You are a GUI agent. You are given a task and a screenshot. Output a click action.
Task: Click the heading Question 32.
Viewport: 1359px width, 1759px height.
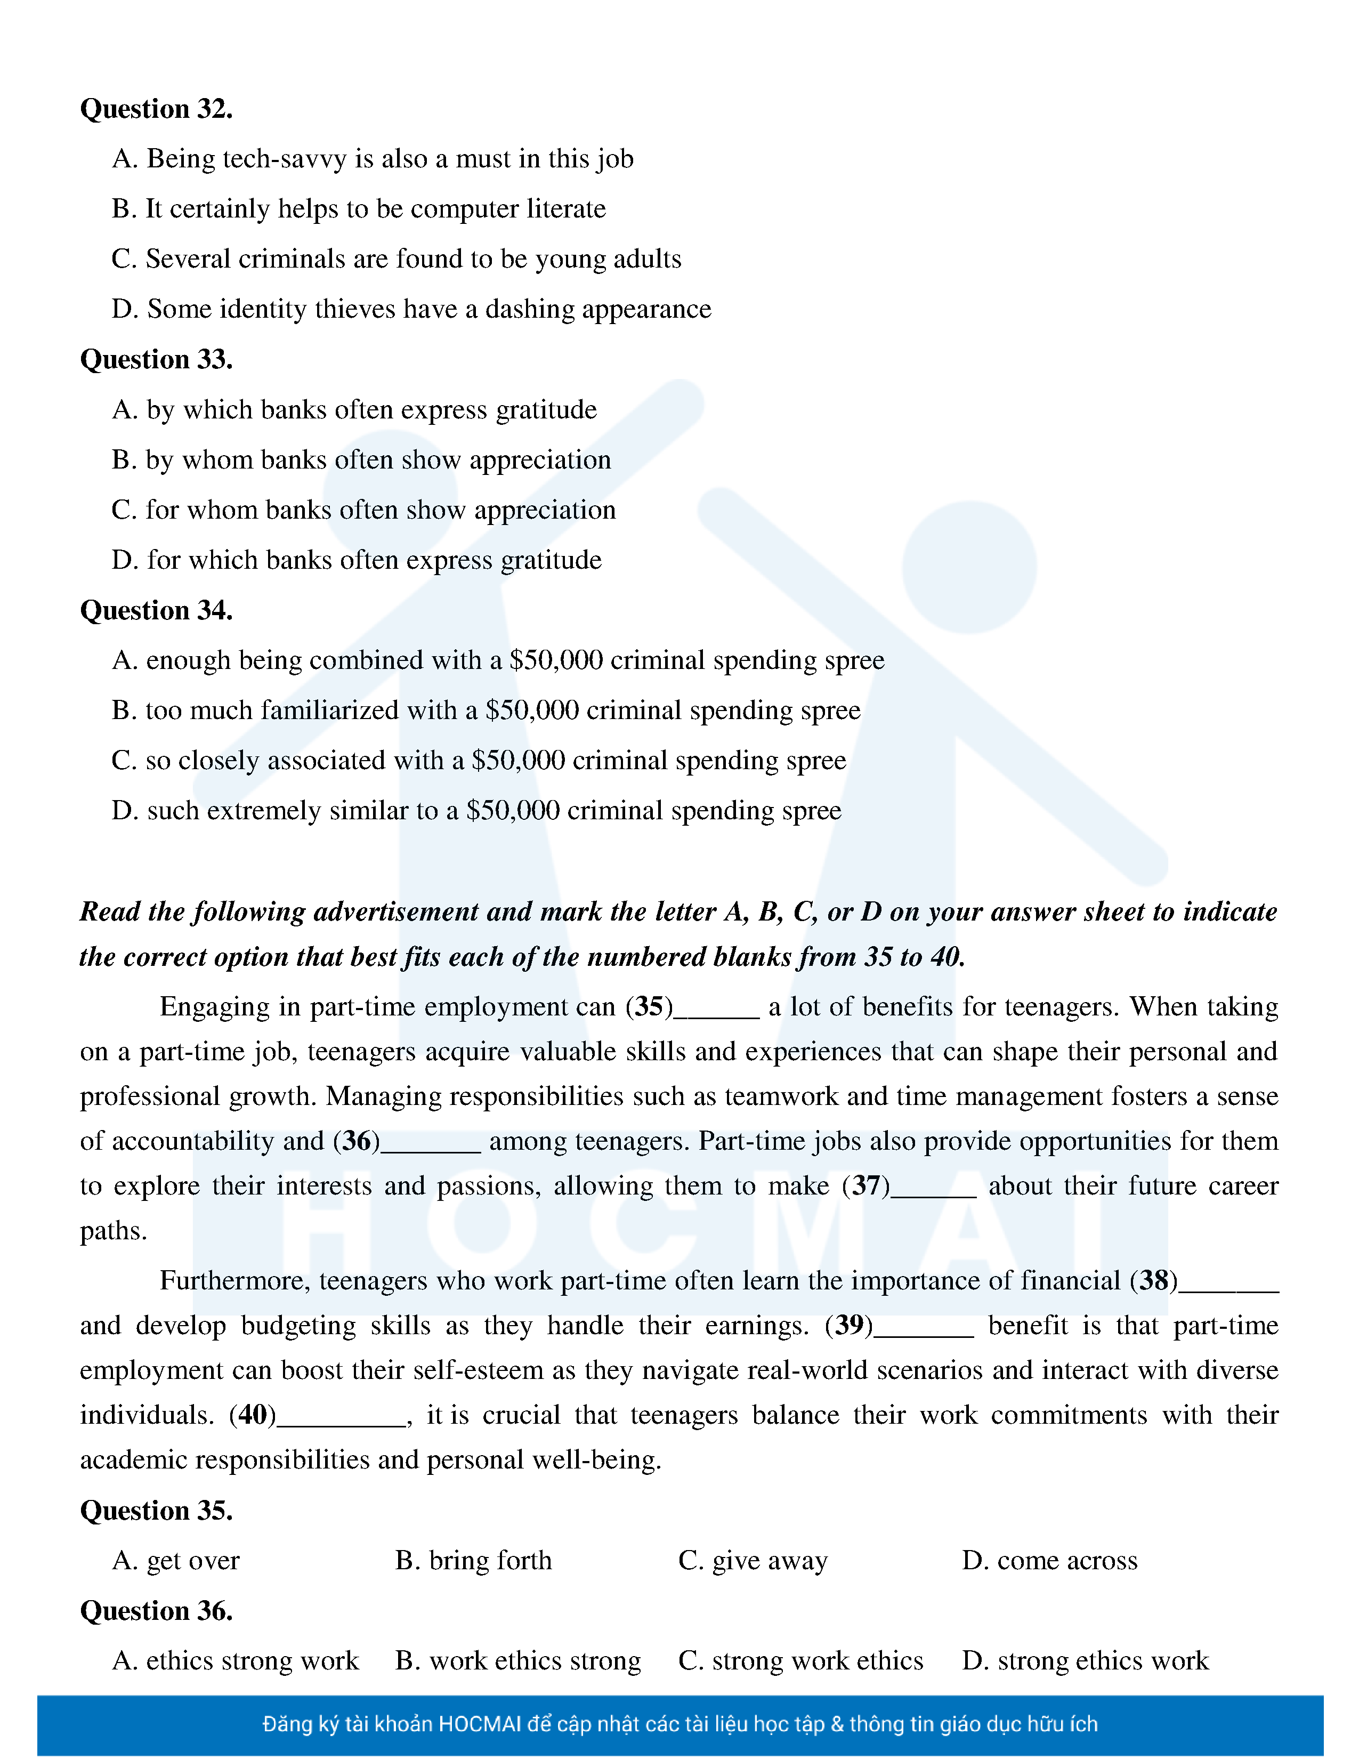[x=156, y=109]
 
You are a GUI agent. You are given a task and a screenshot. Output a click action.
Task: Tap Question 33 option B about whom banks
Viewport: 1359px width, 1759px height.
[x=361, y=460]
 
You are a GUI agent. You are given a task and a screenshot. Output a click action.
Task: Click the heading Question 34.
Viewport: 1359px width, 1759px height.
[x=156, y=610]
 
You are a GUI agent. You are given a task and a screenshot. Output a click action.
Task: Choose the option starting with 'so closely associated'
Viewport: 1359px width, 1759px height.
[x=479, y=760]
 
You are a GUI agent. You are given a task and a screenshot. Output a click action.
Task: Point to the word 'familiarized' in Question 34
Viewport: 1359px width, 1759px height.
[x=329, y=711]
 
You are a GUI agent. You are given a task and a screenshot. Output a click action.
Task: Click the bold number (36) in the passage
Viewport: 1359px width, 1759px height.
[x=357, y=1141]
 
